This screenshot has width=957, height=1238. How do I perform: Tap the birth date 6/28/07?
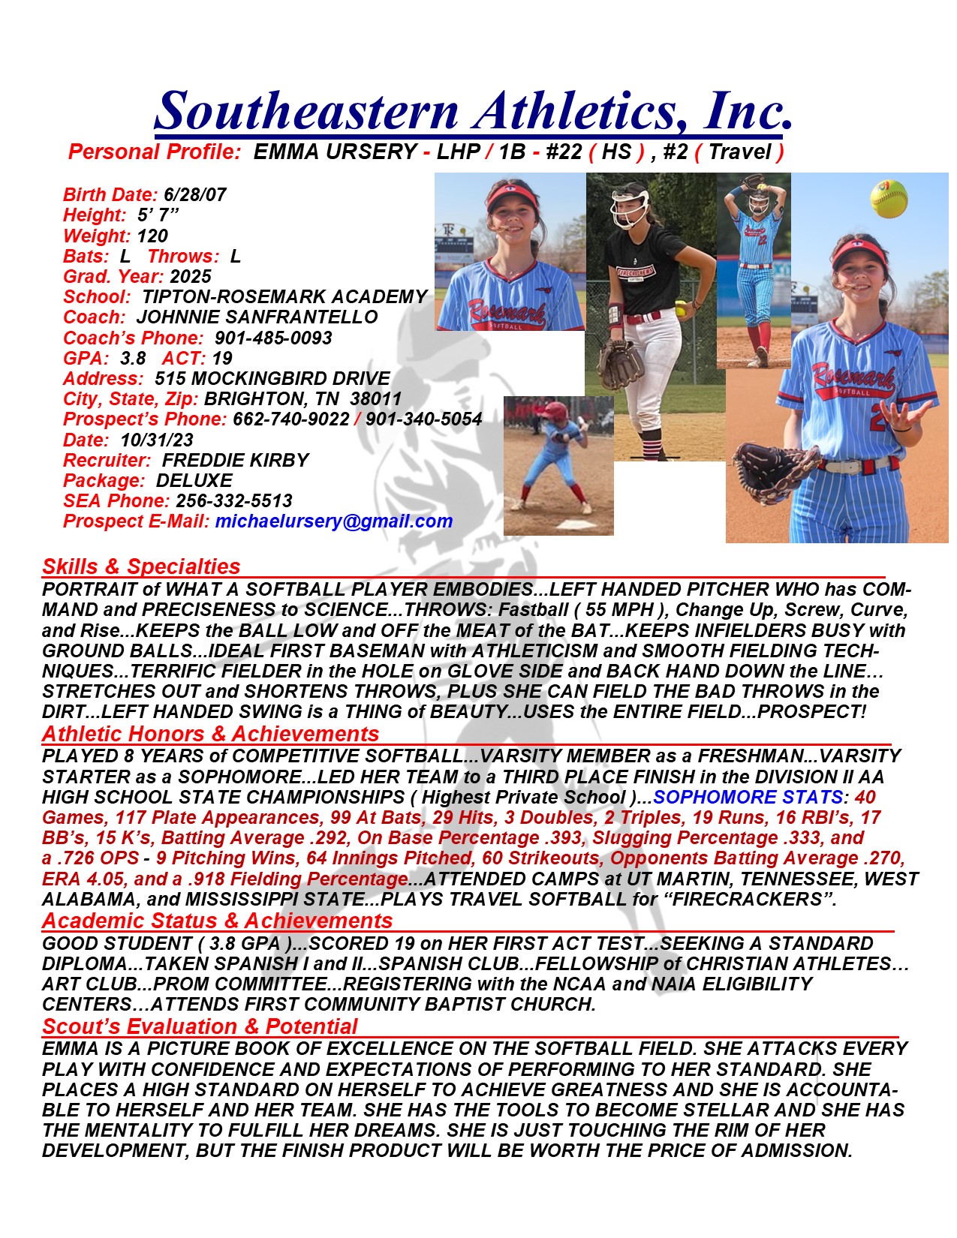pyautogui.click(x=194, y=195)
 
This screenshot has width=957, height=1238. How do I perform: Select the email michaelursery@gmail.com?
pyautogui.click(x=333, y=521)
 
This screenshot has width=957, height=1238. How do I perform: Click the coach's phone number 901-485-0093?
pyautogui.click(x=273, y=338)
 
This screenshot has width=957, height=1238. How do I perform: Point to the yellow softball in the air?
pyautogui.click(x=889, y=199)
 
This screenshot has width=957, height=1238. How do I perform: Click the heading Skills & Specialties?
pyautogui.click(x=141, y=566)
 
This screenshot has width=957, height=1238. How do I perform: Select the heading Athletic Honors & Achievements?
pyautogui.click(x=210, y=734)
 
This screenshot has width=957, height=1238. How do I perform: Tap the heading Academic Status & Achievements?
pyautogui.click(x=217, y=921)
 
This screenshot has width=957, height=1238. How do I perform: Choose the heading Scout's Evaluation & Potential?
pyautogui.click(x=200, y=1026)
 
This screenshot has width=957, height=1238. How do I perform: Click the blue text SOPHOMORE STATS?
pyautogui.click(x=747, y=797)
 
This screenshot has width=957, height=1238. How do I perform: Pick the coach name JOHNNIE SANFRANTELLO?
pyautogui.click(x=257, y=317)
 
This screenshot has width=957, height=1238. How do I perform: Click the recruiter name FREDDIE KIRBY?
pyautogui.click(x=235, y=460)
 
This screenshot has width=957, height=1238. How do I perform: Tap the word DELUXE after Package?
pyautogui.click(x=194, y=480)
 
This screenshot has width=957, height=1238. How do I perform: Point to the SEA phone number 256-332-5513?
pyautogui.click(x=234, y=500)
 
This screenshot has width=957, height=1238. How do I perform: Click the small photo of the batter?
pyautogui.click(x=558, y=465)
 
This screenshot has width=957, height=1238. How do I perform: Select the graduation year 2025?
pyautogui.click(x=191, y=276)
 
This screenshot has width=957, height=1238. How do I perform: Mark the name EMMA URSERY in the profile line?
pyautogui.click(x=335, y=152)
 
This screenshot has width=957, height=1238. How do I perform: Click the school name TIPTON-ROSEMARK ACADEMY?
pyautogui.click(x=284, y=297)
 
